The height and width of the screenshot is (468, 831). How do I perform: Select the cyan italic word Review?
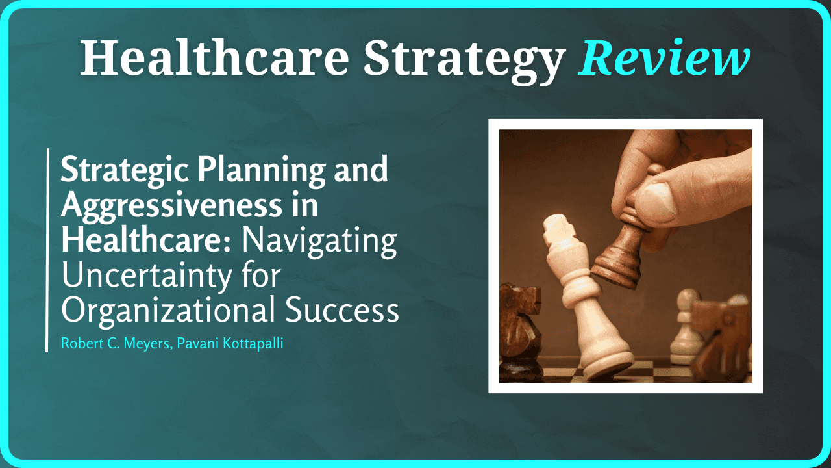tap(664, 57)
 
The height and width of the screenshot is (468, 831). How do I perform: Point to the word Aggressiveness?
tap(167, 206)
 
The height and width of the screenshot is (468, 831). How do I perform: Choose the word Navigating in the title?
tap(319, 240)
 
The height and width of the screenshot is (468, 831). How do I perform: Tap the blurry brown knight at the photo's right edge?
tap(721, 338)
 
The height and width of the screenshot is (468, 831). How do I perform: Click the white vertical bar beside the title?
tap(47, 250)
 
